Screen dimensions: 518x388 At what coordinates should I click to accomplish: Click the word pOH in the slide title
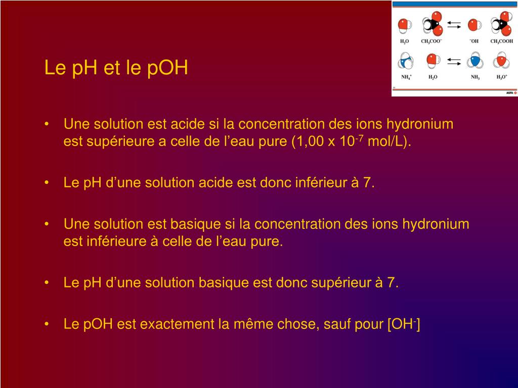(167, 68)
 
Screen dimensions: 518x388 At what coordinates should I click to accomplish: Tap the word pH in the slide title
(84, 68)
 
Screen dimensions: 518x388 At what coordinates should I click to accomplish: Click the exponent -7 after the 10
(359, 138)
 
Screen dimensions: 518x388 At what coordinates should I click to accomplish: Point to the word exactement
(178, 324)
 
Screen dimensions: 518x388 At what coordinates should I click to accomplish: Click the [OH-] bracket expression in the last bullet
(404, 324)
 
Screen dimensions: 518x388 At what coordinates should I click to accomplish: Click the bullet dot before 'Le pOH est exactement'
(47, 324)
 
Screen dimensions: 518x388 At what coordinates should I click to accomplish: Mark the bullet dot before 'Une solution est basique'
(47, 224)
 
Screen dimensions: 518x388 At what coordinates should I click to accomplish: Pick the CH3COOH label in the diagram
(501, 41)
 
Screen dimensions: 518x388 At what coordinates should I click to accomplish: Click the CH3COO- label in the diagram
(431, 41)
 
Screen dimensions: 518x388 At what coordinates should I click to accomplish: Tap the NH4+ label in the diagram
(406, 77)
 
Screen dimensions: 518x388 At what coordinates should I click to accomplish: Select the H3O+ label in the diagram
(501, 77)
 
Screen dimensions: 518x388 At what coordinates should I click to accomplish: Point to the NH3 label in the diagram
(475, 77)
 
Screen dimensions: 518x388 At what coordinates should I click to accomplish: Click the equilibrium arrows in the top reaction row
(454, 25)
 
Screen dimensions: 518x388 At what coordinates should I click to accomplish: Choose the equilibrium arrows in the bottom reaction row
(454, 61)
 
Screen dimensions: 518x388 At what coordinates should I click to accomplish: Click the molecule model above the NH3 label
(475, 61)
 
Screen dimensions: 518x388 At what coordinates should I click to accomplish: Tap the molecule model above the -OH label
(474, 25)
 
